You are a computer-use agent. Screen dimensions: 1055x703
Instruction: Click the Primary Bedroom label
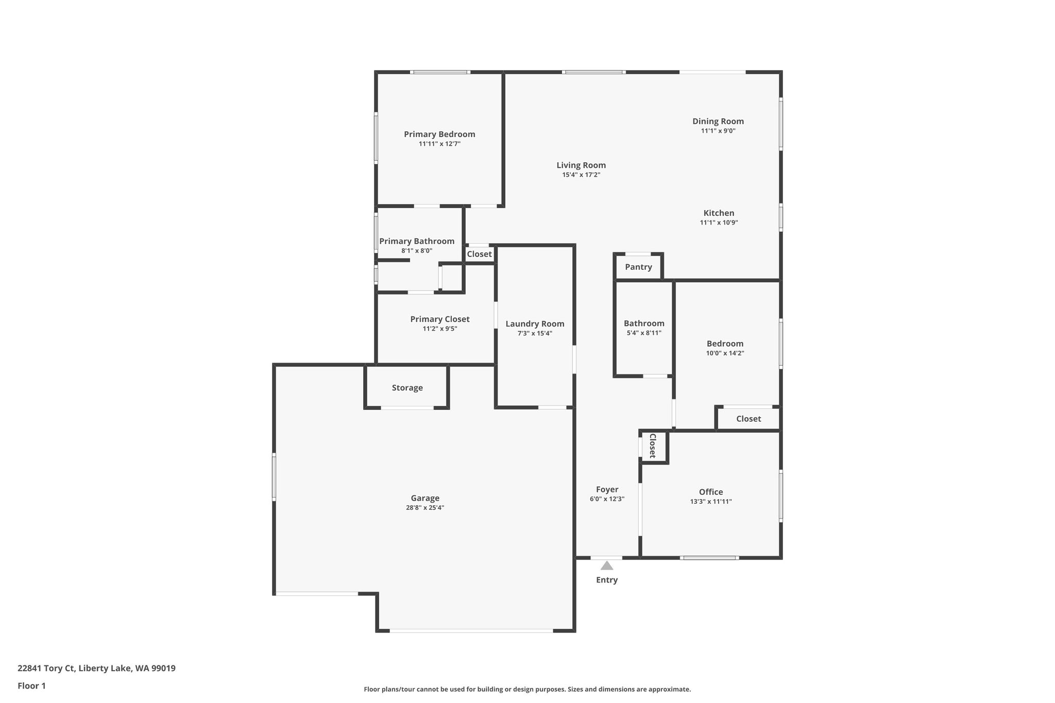(439, 134)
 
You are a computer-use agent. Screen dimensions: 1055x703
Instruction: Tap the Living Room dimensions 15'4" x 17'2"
(581, 175)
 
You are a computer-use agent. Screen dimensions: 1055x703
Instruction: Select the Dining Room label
(718, 122)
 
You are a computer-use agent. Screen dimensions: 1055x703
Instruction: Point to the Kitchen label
(719, 213)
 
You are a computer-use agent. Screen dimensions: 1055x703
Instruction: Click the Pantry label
(638, 267)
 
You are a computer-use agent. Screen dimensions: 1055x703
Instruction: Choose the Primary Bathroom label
(417, 242)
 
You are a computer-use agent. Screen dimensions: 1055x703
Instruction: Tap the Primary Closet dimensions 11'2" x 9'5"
(440, 329)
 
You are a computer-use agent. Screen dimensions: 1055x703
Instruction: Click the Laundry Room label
(535, 324)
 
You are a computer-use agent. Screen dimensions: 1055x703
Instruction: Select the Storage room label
(407, 388)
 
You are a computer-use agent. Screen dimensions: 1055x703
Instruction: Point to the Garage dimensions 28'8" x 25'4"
(425, 508)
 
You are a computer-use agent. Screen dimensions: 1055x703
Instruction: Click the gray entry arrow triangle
(607, 565)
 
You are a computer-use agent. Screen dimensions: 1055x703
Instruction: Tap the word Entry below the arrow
(607, 580)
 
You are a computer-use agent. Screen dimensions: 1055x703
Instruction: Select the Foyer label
(607, 490)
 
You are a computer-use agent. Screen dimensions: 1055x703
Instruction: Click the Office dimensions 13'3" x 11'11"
(711, 502)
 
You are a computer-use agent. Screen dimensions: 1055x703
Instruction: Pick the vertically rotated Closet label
(652, 446)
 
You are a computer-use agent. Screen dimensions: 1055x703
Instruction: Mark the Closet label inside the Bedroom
(748, 419)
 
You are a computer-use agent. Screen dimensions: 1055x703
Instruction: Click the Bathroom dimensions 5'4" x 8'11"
(644, 333)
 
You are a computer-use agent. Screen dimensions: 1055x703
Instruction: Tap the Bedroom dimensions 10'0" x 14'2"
(725, 353)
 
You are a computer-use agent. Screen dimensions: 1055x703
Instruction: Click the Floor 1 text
(31, 686)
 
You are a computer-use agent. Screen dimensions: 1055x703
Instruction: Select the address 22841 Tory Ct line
(96, 668)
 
